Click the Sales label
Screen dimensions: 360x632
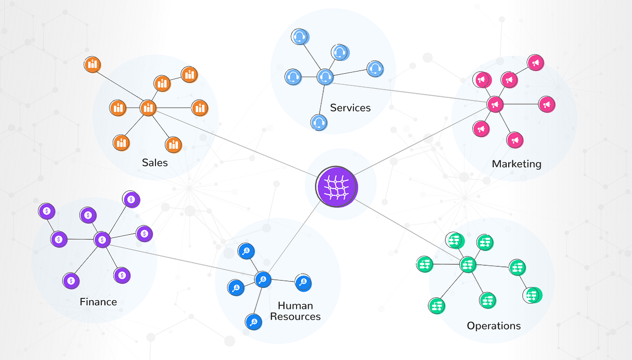[x=155, y=162]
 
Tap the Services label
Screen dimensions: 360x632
[x=350, y=108]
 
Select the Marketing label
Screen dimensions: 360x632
[x=516, y=164]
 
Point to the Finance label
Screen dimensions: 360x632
[x=98, y=302]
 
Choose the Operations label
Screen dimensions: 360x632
[x=493, y=326]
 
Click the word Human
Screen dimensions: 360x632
[x=295, y=306]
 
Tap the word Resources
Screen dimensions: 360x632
[x=295, y=316]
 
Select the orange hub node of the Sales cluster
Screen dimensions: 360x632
[x=148, y=108]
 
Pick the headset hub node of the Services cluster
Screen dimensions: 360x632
[x=325, y=77]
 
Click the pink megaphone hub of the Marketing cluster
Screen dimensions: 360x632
[x=495, y=104]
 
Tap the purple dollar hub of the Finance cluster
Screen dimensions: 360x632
[x=102, y=239]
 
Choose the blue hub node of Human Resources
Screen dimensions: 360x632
[x=262, y=278]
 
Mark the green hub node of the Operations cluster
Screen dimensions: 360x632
[x=467, y=264]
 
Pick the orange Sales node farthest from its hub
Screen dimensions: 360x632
[x=92, y=65]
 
